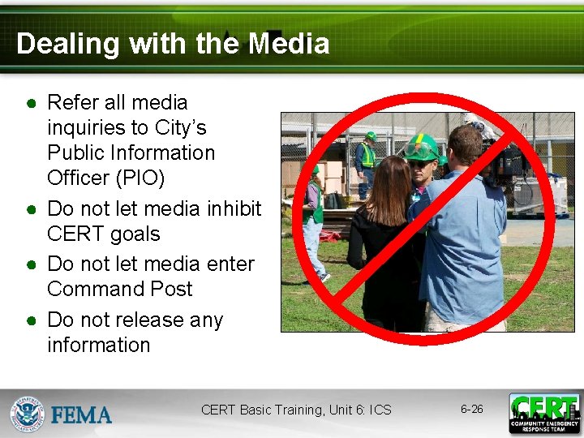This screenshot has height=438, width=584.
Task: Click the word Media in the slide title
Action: (x=289, y=43)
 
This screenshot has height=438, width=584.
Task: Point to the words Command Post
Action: (x=120, y=289)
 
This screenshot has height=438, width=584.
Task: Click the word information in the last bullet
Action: (x=99, y=345)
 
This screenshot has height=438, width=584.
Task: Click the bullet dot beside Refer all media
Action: (x=30, y=104)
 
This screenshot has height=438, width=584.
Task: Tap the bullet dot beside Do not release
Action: (x=30, y=321)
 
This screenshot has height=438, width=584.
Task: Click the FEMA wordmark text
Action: (x=82, y=415)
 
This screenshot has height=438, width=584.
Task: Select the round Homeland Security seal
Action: (x=28, y=414)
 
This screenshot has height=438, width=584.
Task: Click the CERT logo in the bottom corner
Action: (x=544, y=413)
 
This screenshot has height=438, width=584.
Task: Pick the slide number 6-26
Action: (x=471, y=409)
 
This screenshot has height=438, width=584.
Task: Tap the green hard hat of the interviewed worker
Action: (x=423, y=148)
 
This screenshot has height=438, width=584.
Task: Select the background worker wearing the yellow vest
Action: (x=367, y=158)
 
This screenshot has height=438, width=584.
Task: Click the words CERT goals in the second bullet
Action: (x=104, y=234)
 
